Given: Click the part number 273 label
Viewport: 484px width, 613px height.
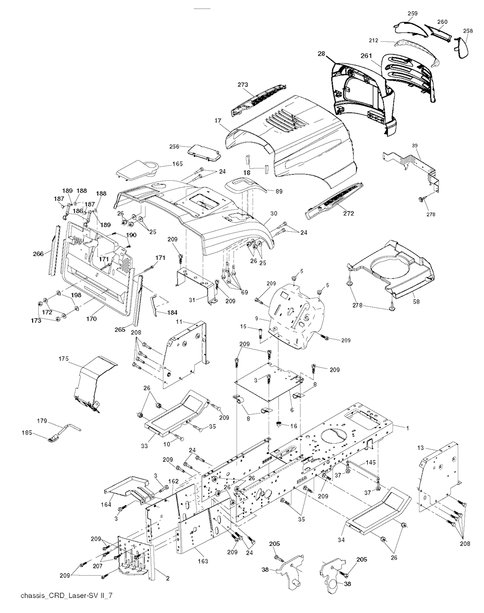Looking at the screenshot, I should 242,85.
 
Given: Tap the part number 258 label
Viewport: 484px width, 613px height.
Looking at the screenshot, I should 467,31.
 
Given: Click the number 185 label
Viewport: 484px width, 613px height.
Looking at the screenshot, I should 27,432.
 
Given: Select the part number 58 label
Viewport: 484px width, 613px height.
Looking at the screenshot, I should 416,301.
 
